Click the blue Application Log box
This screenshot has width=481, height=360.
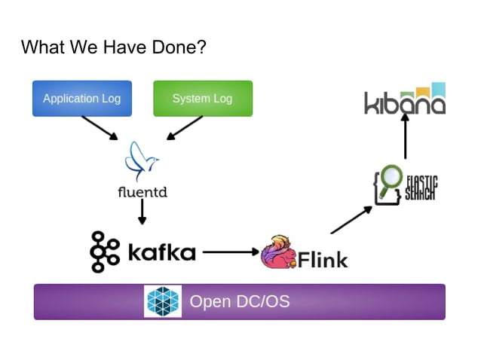click(81, 99)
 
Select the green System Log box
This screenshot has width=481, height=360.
click(202, 99)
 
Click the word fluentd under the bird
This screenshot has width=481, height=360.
click(142, 192)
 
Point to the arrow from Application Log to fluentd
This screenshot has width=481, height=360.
click(100, 127)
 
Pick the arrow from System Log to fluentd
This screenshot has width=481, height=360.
click(185, 127)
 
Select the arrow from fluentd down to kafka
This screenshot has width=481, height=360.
click(142, 212)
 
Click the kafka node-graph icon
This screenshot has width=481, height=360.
click(104, 252)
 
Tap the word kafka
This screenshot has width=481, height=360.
click(161, 252)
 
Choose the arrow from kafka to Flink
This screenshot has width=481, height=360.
click(230, 252)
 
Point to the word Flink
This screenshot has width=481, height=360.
click(323, 259)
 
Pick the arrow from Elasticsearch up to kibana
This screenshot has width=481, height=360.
click(405, 138)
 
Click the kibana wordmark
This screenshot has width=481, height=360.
click(405, 102)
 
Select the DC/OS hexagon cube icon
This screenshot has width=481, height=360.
click(164, 301)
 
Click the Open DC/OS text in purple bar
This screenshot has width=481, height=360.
click(239, 301)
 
